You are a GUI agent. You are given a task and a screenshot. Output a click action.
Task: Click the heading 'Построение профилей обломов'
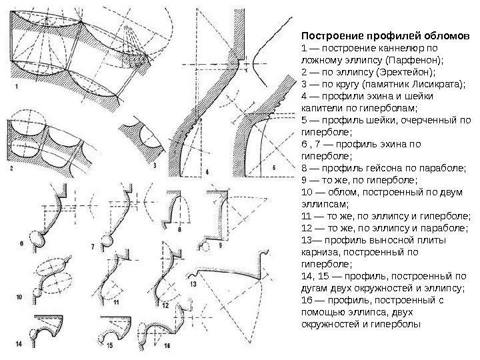pos(386,35)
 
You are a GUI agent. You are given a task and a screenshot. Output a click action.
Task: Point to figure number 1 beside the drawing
pos(16,87)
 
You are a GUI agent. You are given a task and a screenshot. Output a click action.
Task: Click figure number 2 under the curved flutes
pos(11,169)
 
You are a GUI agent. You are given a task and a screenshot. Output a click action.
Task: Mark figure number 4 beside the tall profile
pos(207,172)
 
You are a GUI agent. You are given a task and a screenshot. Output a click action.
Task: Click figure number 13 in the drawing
pos(193,283)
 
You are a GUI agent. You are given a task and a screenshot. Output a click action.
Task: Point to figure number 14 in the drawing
pos(19,344)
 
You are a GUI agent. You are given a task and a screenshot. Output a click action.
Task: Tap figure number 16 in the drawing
pos(167,346)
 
